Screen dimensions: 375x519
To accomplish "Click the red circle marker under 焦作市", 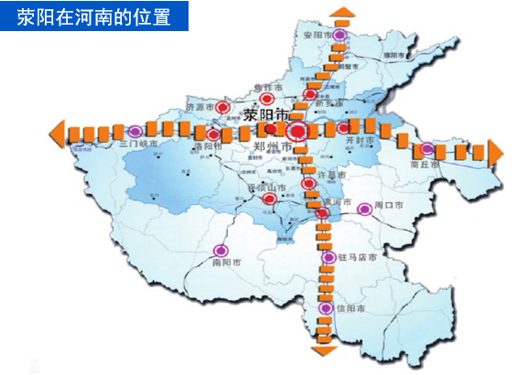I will [267, 98].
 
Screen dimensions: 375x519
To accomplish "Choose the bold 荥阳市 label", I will [266, 115].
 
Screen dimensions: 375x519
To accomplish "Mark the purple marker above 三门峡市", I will [135, 131].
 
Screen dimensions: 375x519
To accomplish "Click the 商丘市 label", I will [424, 166].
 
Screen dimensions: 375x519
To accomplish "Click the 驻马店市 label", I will [357, 259].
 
